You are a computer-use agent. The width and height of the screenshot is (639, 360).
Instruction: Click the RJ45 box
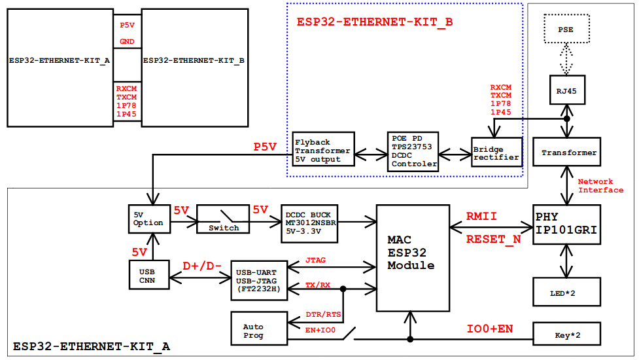click(x=566, y=91)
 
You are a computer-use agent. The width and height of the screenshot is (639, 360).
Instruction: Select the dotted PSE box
click(x=566, y=30)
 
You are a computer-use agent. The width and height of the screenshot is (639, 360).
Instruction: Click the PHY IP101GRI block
click(x=566, y=225)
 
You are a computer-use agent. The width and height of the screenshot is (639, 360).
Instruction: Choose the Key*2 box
click(x=566, y=334)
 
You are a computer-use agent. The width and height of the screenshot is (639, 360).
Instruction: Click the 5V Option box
click(x=148, y=218)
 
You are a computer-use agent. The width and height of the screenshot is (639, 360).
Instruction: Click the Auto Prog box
click(x=259, y=330)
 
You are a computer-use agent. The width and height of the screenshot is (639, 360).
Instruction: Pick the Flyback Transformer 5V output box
click(x=322, y=151)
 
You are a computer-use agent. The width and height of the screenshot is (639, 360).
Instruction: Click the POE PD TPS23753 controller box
click(x=413, y=151)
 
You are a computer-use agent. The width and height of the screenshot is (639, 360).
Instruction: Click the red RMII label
click(x=482, y=216)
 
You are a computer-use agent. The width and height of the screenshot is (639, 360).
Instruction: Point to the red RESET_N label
click(x=493, y=240)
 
